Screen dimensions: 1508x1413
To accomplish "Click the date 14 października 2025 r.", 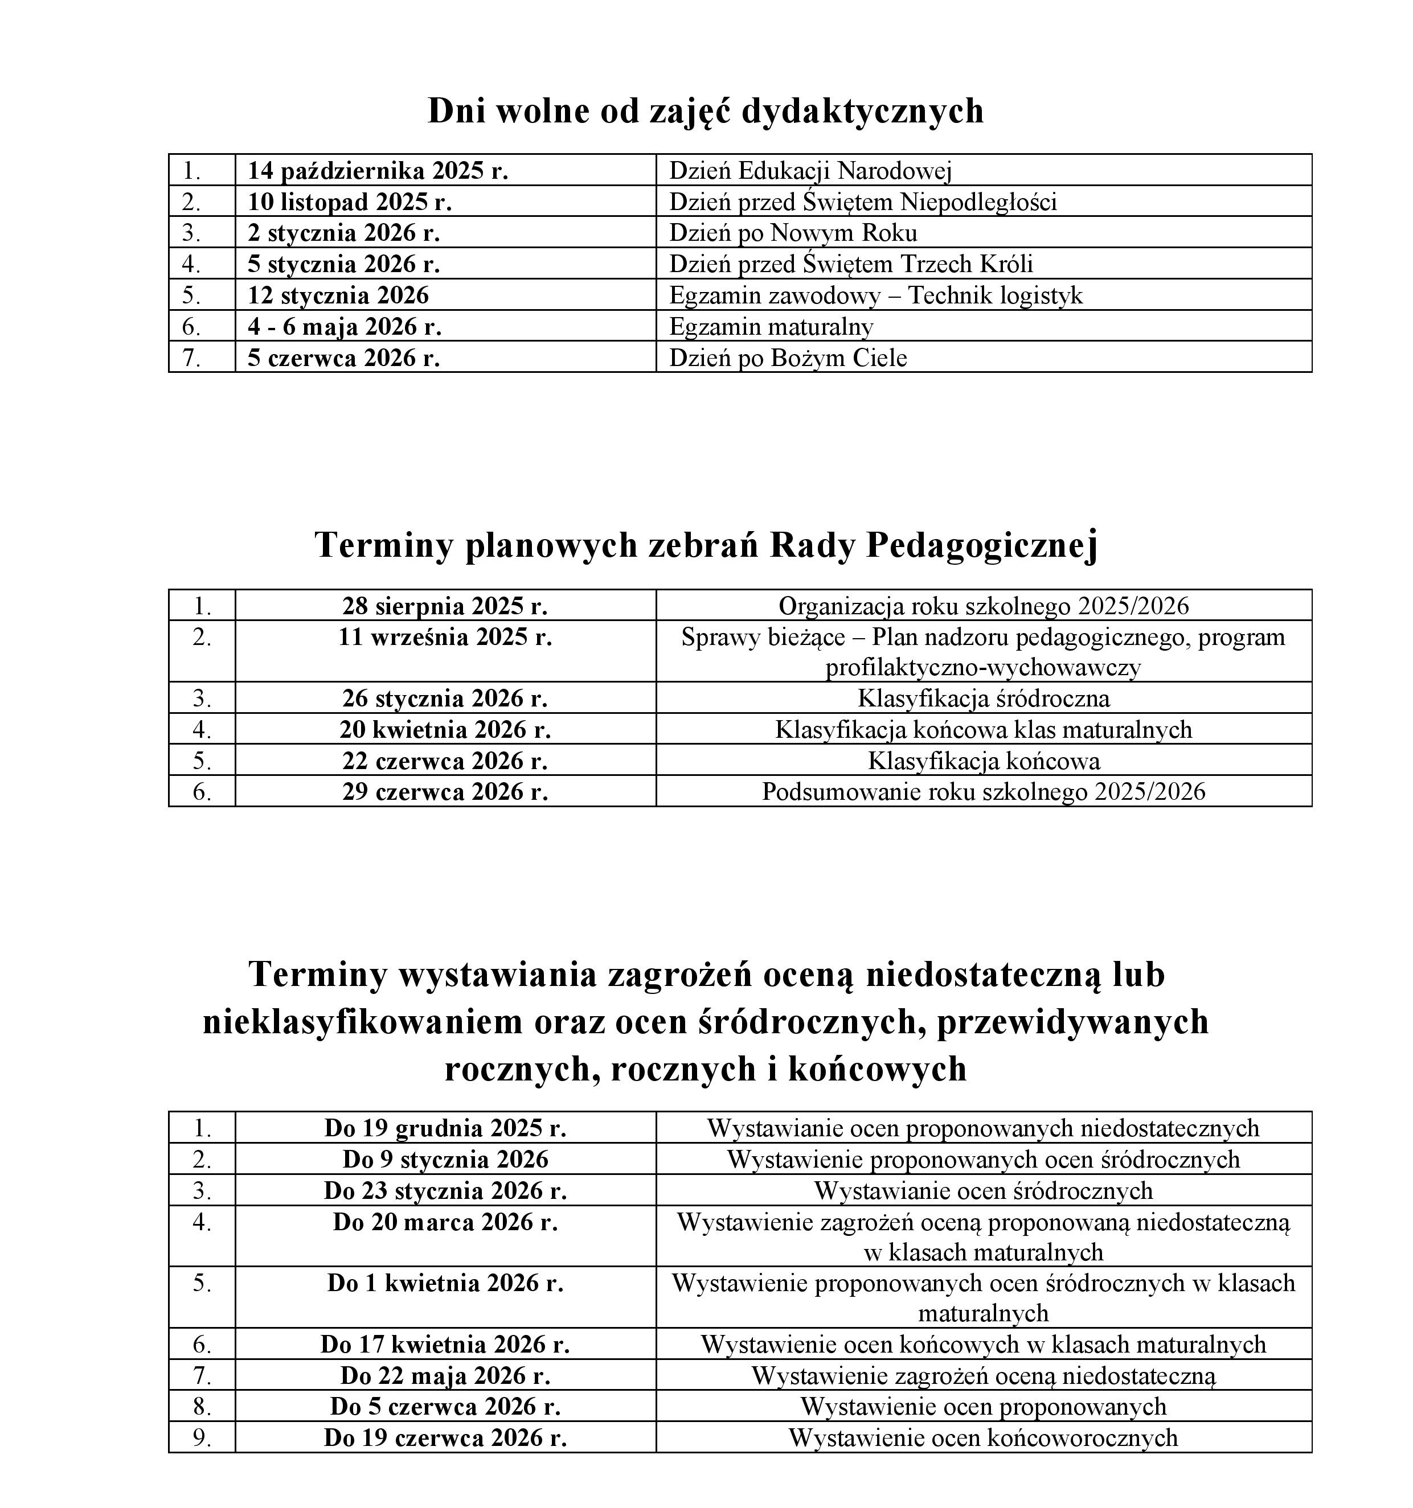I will pyautogui.click(x=377, y=171).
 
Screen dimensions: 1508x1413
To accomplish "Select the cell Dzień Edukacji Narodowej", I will pyautogui.click(x=810, y=171).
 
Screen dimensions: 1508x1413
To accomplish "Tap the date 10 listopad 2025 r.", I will pyautogui.click(x=349, y=202).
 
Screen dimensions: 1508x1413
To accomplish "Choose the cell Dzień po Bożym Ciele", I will pyautogui.click(x=788, y=358).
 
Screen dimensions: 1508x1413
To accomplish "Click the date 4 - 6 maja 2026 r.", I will pyautogui.click(x=344, y=326).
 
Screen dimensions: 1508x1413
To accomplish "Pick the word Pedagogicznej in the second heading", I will pyautogui.click(x=982, y=545).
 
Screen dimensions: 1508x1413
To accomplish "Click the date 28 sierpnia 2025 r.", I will pyautogui.click(x=445, y=606).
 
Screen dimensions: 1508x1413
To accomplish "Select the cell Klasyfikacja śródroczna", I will pyautogui.click(x=984, y=698).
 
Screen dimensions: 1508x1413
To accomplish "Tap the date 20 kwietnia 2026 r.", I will pyautogui.click(x=445, y=730).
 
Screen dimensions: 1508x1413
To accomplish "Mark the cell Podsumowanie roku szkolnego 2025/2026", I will pyautogui.click(x=984, y=792).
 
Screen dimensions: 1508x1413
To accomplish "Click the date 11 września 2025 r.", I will pyautogui.click(x=445, y=637).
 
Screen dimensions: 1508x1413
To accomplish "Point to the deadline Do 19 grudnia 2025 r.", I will pyautogui.click(x=445, y=1128).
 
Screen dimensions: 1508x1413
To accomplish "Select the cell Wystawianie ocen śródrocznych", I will pyautogui.click(x=984, y=1190).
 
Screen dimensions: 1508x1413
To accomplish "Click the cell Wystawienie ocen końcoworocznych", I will pyautogui.click(x=984, y=1437).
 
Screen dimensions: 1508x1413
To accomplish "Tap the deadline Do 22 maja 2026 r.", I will pyautogui.click(x=445, y=1375).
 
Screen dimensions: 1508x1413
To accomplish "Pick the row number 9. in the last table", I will pyautogui.click(x=202, y=1437).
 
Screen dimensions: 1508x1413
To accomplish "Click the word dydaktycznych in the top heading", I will pyautogui.click(x=862, y=111).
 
